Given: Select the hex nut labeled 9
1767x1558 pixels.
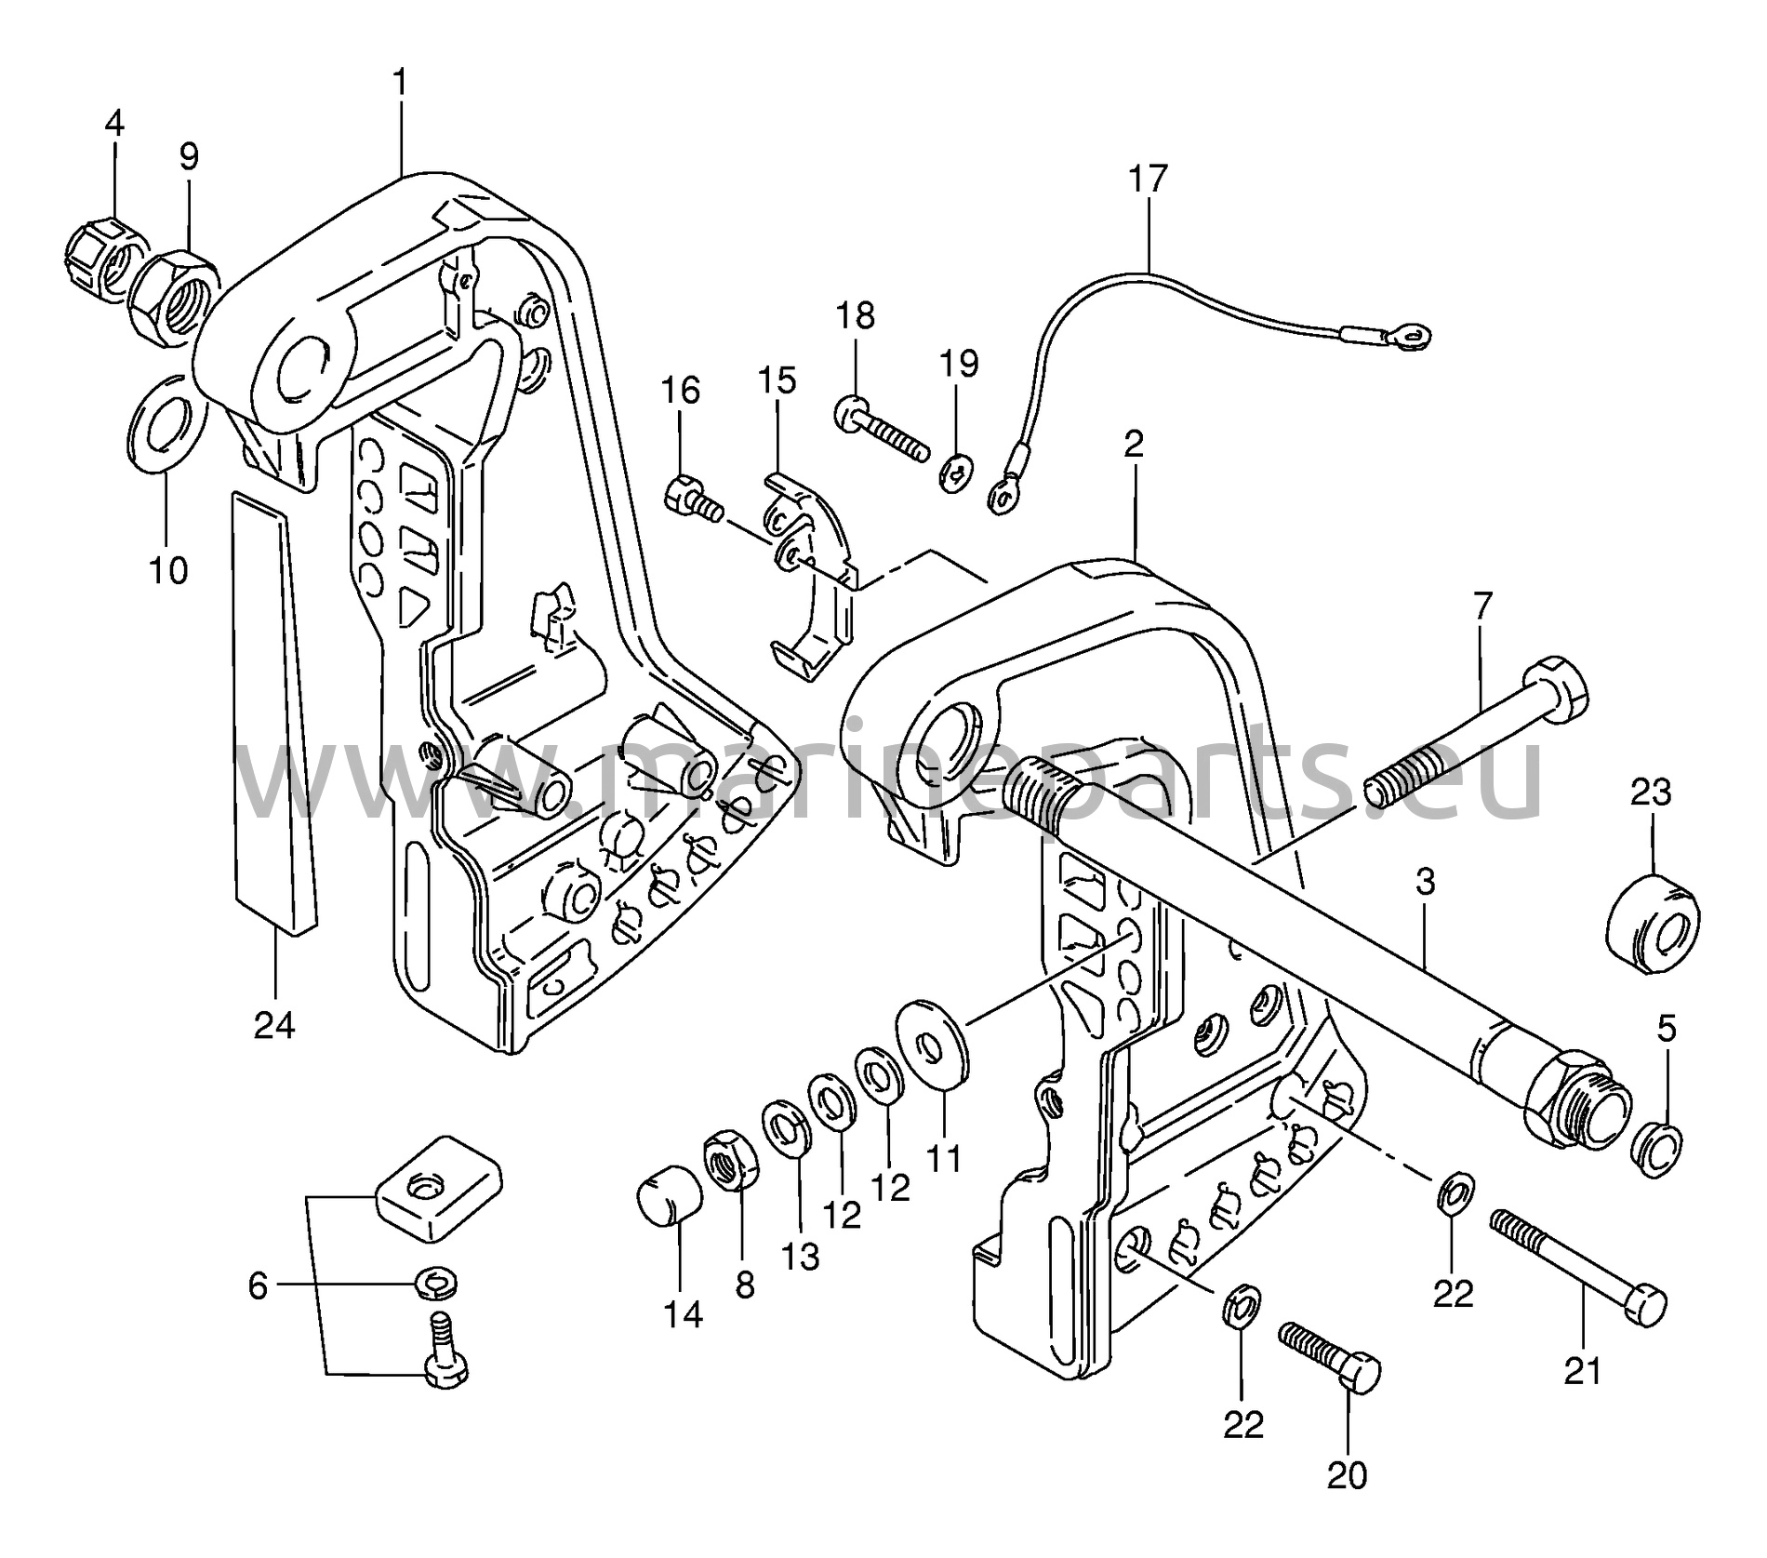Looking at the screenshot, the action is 173,299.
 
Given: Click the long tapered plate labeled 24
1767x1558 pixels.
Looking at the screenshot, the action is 273,711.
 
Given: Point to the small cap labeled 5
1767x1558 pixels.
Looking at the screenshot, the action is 1656,1152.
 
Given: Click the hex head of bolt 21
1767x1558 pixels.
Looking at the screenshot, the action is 1641,1305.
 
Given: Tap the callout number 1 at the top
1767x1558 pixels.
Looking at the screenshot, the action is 400,84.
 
